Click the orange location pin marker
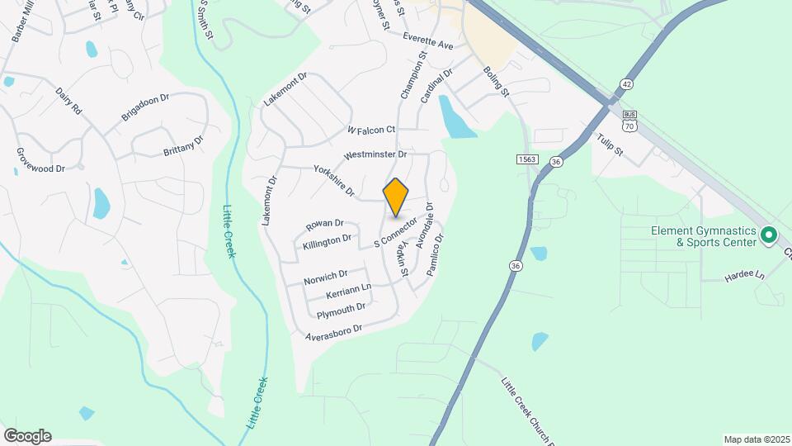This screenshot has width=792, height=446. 396,196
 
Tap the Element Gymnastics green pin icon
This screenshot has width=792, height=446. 769,236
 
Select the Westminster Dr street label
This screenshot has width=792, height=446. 376,154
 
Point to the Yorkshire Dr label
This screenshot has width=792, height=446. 334,181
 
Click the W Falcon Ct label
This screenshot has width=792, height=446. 371,130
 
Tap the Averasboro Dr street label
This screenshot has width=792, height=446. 334,333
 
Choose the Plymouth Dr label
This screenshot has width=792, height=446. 341,311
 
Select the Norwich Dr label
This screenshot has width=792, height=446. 325,278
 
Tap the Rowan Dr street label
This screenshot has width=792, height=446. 324,225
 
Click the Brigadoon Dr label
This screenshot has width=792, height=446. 145,107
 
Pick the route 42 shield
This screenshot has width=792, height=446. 627,84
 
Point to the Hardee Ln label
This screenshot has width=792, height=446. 745,275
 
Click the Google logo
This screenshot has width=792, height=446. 27,435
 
